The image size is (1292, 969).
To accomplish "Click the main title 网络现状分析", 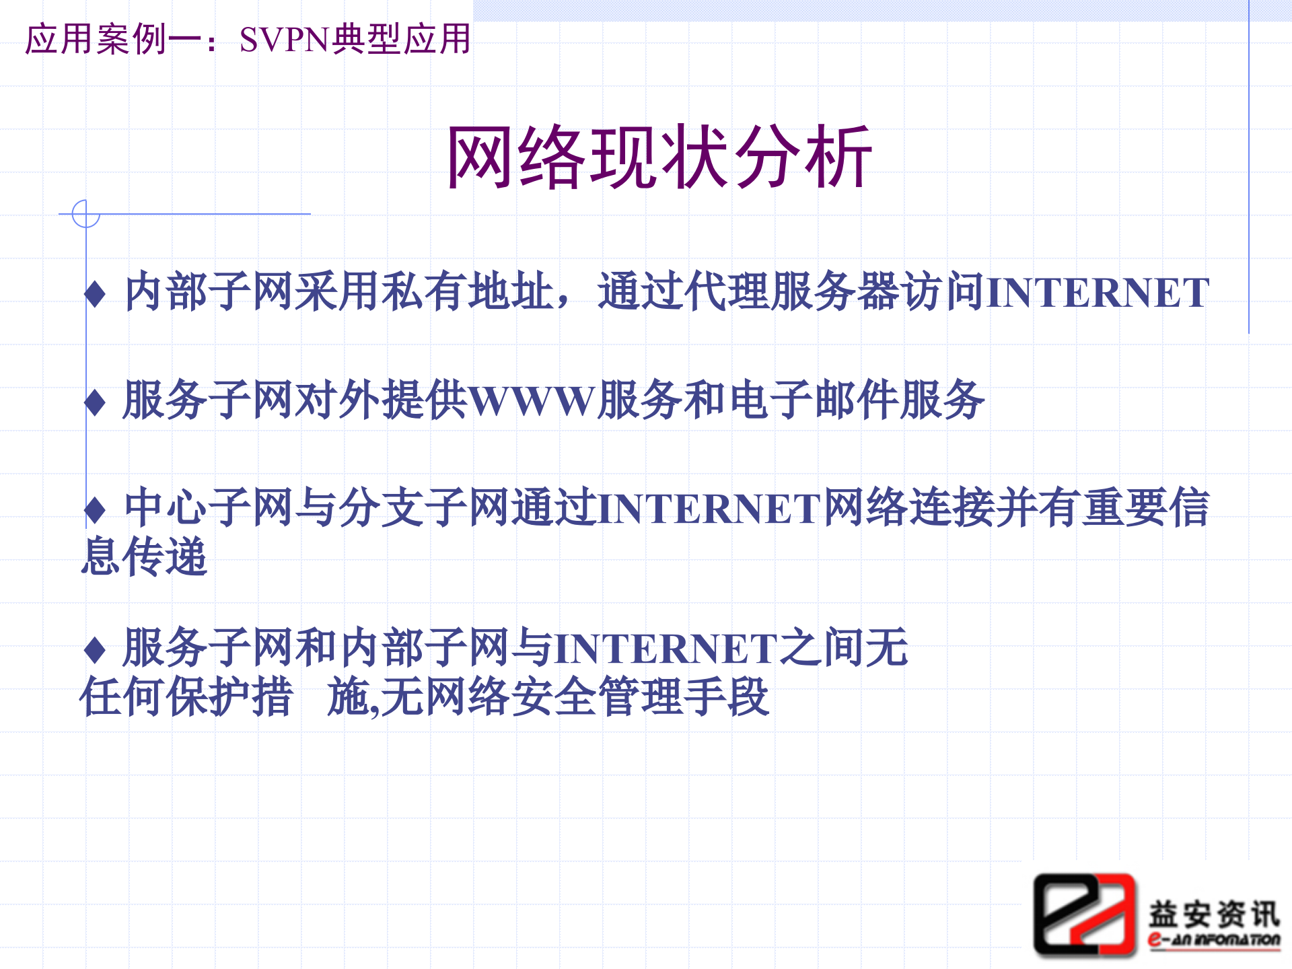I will pos(659,157).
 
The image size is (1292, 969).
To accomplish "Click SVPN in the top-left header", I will pos(283,40).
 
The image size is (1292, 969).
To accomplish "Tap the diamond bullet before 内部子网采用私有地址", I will pos(95,294).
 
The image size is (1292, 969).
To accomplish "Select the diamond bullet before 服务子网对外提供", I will pos(95,402).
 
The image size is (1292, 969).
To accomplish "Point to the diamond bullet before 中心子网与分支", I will pos(95,510).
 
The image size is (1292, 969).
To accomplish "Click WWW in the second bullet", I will pos(532,401).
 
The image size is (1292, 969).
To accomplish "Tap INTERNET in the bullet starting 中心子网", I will pos(709,509).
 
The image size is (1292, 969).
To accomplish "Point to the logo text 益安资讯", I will pos(1214,913).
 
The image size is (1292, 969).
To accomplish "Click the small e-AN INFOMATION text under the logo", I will pos(1214,939).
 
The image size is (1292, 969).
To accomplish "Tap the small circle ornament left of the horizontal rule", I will pos(86,214).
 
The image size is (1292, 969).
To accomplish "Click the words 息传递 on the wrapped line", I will pos(144,557).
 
